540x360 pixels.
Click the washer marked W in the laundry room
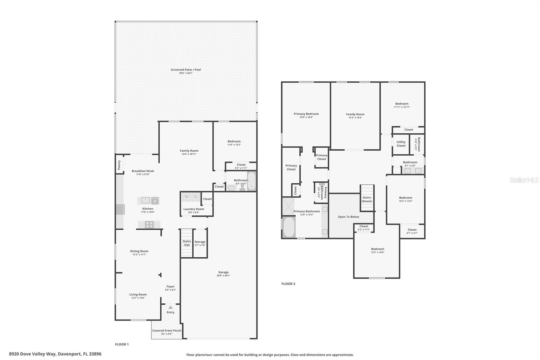(186, 197)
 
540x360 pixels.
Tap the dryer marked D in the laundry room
(195, 197)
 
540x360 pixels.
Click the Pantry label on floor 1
(119, 165)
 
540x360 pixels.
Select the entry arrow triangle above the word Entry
(170, 307)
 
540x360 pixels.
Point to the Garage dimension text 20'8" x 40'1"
(223, 276)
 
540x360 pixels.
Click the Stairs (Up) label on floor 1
(187, 243)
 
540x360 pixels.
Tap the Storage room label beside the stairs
(200, 242)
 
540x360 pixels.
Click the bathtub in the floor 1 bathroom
(252, 181)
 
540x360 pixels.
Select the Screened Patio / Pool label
(186, 70)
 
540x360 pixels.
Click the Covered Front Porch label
(167, 331)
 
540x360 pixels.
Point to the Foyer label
(170, 286)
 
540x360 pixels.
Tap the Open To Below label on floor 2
(348, 217)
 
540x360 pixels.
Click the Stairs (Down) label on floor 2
(367, 199)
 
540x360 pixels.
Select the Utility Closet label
(401, 144)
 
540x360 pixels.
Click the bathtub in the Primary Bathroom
(289, 227)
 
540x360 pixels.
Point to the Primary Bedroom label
(306, 114)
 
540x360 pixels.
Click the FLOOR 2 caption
(288, 284)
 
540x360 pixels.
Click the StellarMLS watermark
(524, 180)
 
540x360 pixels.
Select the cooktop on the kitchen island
(149, 224)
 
